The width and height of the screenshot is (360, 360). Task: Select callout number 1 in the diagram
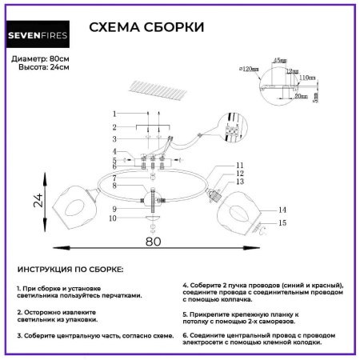114,114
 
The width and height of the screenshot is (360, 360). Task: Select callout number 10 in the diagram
114,218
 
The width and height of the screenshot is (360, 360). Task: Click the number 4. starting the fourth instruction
186,285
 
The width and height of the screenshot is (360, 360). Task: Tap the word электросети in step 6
210,341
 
